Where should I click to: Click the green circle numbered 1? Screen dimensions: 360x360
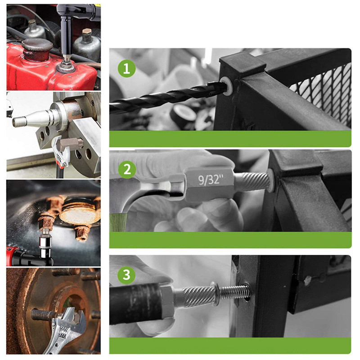pyautogui.click(x=126, y=68)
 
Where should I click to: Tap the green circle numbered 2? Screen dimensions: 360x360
pyautogui.click(x=127, y=170)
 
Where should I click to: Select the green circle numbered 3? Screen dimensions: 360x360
pyautogui.click(x=126, y=275)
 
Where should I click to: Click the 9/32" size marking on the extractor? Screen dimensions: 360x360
pyautogui.click(x=211, y=179)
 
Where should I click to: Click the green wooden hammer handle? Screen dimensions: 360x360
pyautogui.click(x=118, y=222)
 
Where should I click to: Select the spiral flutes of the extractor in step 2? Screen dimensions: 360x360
pyautogui.click(x=252, y=181)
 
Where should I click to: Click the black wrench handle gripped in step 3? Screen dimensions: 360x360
pyautogui.click(x=136, y=303)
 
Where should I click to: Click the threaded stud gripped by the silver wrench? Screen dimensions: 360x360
pyautogui.click(x=44, y=315)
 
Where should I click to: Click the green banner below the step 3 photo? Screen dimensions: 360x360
pyautogui.click(x=230, y=346)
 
